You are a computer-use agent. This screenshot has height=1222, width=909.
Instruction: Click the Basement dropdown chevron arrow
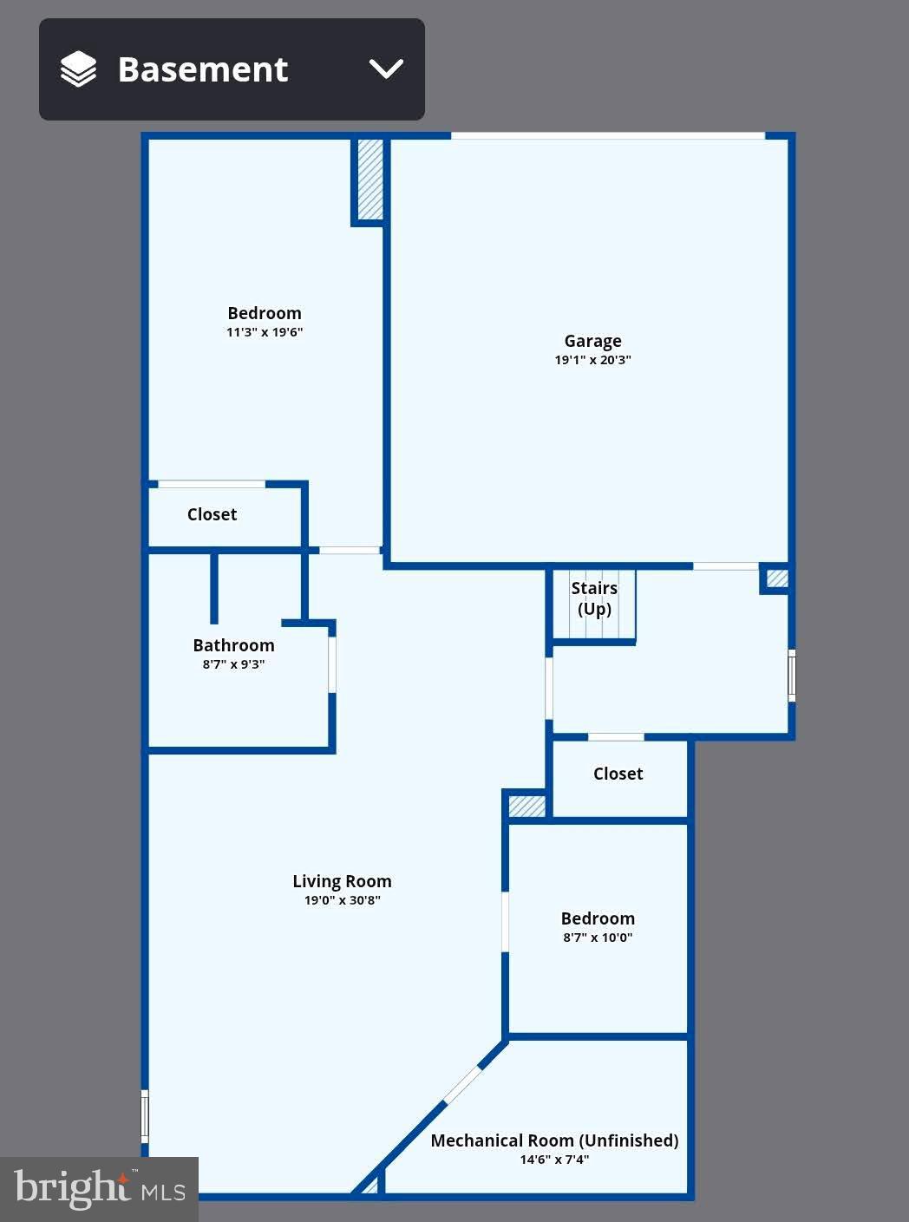(x=386, y=69)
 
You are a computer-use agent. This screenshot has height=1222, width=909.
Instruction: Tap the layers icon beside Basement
(x=78, y=69)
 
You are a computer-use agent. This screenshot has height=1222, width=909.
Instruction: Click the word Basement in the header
(x=202, y=69)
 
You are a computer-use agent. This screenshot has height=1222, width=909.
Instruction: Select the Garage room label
(x=592, y=341)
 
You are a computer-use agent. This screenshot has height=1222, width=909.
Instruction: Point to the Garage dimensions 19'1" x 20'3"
(x=592, y=360)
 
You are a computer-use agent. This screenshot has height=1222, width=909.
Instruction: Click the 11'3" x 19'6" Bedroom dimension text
(x=265, y=332)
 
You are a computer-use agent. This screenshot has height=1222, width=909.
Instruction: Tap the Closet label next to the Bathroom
(x=212, y=514)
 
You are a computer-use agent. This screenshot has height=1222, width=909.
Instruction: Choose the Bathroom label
(x=233, y=645)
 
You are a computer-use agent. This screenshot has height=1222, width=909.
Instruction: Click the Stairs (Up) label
(x=594, y=598)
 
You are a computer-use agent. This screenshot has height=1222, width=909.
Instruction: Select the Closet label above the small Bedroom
(x=618, y=774)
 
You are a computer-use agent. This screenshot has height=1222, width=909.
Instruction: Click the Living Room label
(x=342, y=881)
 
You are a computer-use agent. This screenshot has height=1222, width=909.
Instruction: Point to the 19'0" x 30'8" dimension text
(x=342, y=900)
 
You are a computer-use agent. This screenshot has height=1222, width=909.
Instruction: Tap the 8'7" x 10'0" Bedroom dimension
(x=598, y=938)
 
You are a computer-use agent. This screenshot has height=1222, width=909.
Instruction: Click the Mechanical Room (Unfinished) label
(x=554, y=1140)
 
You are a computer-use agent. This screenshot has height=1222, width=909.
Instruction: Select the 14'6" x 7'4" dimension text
(x=554, y=1160)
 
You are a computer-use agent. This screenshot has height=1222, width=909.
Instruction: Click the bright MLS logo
(x=99, y=1189)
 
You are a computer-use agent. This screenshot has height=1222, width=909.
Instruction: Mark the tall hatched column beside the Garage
(x=370, y=180)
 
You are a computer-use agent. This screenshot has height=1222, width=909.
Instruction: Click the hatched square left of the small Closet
(x=526, y=806)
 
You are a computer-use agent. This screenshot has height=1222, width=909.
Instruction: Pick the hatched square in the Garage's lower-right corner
(x=777, y=578)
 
